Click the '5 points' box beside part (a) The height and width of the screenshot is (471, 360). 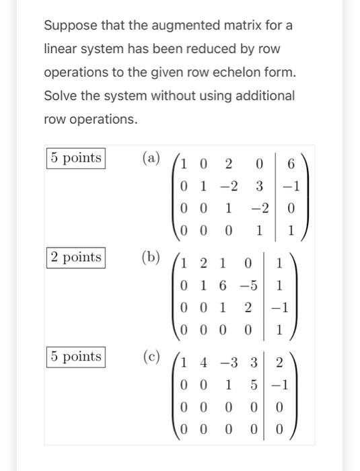[x=75, y=158]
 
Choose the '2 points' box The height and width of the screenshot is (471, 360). [x=75, y=257]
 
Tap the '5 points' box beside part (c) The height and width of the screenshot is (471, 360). [x=75, y=356]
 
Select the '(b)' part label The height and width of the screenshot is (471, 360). [x=151, y=257]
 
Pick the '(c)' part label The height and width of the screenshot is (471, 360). [x=151, y=356]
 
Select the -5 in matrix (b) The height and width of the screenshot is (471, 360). [x=248, y=285]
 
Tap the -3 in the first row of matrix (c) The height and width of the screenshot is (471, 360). [x=229, y=363]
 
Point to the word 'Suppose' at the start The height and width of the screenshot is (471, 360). [x=68, y=26]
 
